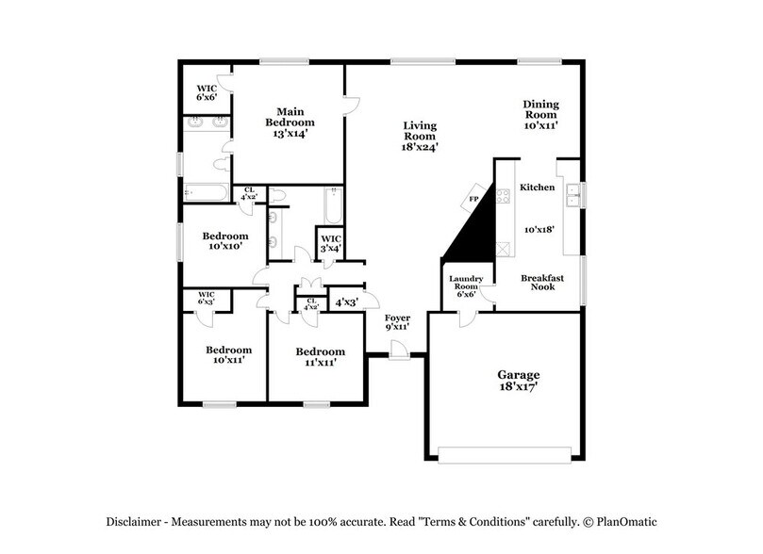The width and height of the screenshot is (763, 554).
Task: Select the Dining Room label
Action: point(541,113)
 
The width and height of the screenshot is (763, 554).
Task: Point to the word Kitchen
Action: point(538,187)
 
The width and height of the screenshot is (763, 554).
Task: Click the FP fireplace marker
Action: point(473,199)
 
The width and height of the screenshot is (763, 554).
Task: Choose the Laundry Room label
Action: point(466,285)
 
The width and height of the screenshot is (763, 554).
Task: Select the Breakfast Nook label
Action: point(542,282)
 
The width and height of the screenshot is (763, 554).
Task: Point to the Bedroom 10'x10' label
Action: point(225,240)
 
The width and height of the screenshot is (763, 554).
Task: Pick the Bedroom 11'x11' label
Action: point(315,356)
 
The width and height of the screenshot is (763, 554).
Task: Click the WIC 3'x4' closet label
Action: point(330,243)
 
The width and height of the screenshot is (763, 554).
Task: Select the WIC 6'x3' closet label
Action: point(207,298)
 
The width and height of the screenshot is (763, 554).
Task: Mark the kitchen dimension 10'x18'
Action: point(538,229)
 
